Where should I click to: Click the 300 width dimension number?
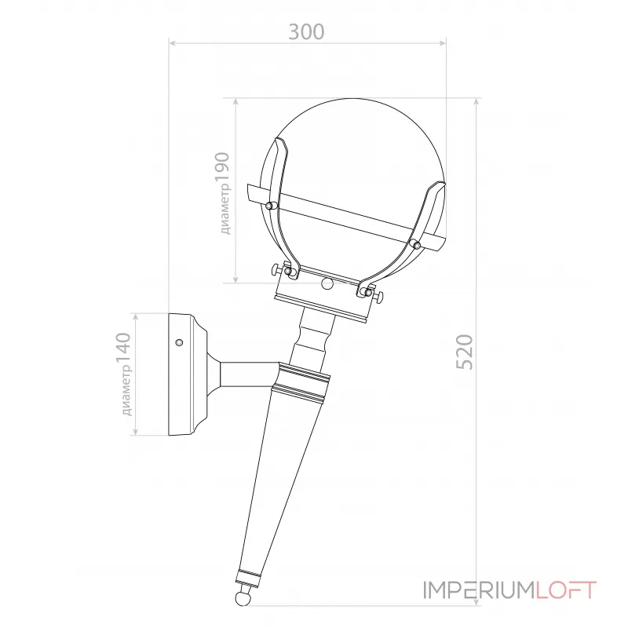pos(306,32)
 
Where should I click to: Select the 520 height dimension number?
pos(465,352)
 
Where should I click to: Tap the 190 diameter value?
pos(222,167)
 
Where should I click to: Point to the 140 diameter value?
pos(123,348)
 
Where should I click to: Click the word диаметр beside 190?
pos(225,209)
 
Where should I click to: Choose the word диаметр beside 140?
pos(126,390)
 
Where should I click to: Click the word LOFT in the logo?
pos(566,590)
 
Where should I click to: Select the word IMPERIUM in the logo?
pos(479,590)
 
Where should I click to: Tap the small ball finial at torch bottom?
pos(243,598)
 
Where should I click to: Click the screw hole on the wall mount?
pos(179,342)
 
